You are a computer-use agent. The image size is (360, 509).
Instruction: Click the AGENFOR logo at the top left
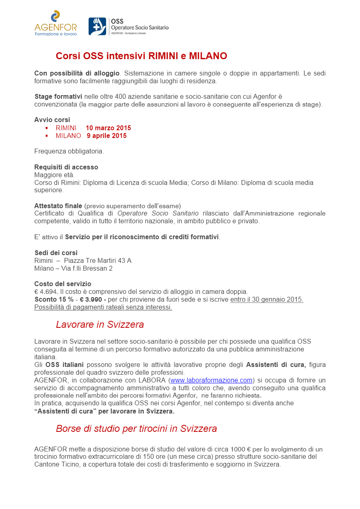(55, 24)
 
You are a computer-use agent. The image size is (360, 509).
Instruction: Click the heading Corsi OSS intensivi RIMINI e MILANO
(141, 56)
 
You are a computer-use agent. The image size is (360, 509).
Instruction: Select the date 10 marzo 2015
(108, 128)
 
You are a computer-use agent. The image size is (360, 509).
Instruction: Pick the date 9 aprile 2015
(107, 136)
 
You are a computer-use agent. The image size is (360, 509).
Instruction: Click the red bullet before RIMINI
(47, 128)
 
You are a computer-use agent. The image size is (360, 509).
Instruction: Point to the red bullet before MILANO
(47, 136)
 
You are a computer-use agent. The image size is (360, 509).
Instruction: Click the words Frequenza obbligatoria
(69, 151)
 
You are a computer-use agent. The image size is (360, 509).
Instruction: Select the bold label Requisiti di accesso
(66, 167)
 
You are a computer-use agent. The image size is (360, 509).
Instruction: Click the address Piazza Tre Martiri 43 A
(98, 261)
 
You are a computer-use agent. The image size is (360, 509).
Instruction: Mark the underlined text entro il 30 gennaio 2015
(267, 300)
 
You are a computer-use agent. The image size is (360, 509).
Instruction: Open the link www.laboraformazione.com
(211, 381)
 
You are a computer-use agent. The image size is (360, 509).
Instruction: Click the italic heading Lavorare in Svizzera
(100, 325)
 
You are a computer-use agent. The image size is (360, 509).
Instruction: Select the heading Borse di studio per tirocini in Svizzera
(136, 429)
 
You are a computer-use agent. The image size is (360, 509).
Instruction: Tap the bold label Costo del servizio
(63, 284)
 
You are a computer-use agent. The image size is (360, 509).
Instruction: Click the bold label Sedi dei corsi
(56, 253)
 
